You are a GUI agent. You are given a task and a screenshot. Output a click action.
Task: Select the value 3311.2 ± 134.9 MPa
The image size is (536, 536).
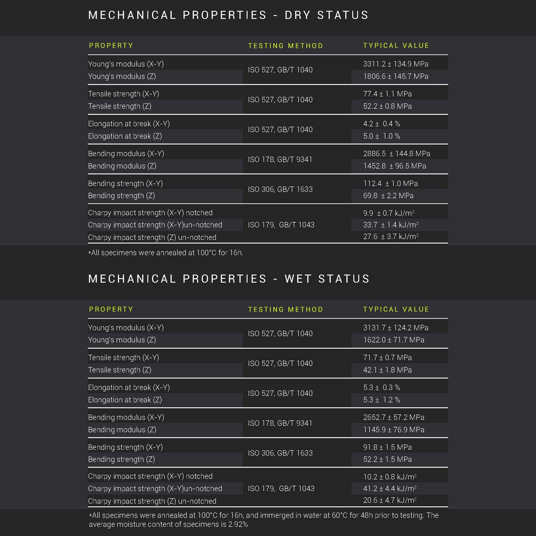[396, 64]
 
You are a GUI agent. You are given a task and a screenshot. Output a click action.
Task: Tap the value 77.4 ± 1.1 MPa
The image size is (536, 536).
[387, 94]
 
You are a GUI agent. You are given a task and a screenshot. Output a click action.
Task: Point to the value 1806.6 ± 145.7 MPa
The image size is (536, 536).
[396, 76]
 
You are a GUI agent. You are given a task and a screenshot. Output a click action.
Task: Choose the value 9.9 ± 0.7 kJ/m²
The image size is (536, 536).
[389, 213]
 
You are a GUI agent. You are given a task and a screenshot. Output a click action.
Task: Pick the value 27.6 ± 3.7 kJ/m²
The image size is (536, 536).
[391, 237]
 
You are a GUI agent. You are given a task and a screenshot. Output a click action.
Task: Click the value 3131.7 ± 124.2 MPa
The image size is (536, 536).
[396, 328]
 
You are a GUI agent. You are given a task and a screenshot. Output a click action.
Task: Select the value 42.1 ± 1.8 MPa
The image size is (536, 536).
[387, 370]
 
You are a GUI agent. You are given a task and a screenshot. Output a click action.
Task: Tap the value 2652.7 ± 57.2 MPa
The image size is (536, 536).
[394, 417]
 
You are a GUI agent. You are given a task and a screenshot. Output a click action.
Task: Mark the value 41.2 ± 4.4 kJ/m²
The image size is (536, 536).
[390, 489]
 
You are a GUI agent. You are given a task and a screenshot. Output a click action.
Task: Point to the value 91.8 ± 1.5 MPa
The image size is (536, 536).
[387, 447]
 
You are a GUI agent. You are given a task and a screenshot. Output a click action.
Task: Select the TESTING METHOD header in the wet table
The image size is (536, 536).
[286, 309]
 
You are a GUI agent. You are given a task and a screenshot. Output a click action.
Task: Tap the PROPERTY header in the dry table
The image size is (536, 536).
[111, 46]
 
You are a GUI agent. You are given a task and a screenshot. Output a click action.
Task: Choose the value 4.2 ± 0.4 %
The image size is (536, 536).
[381, 124]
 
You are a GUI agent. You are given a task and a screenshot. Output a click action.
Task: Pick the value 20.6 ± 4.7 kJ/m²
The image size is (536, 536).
[390, 500]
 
